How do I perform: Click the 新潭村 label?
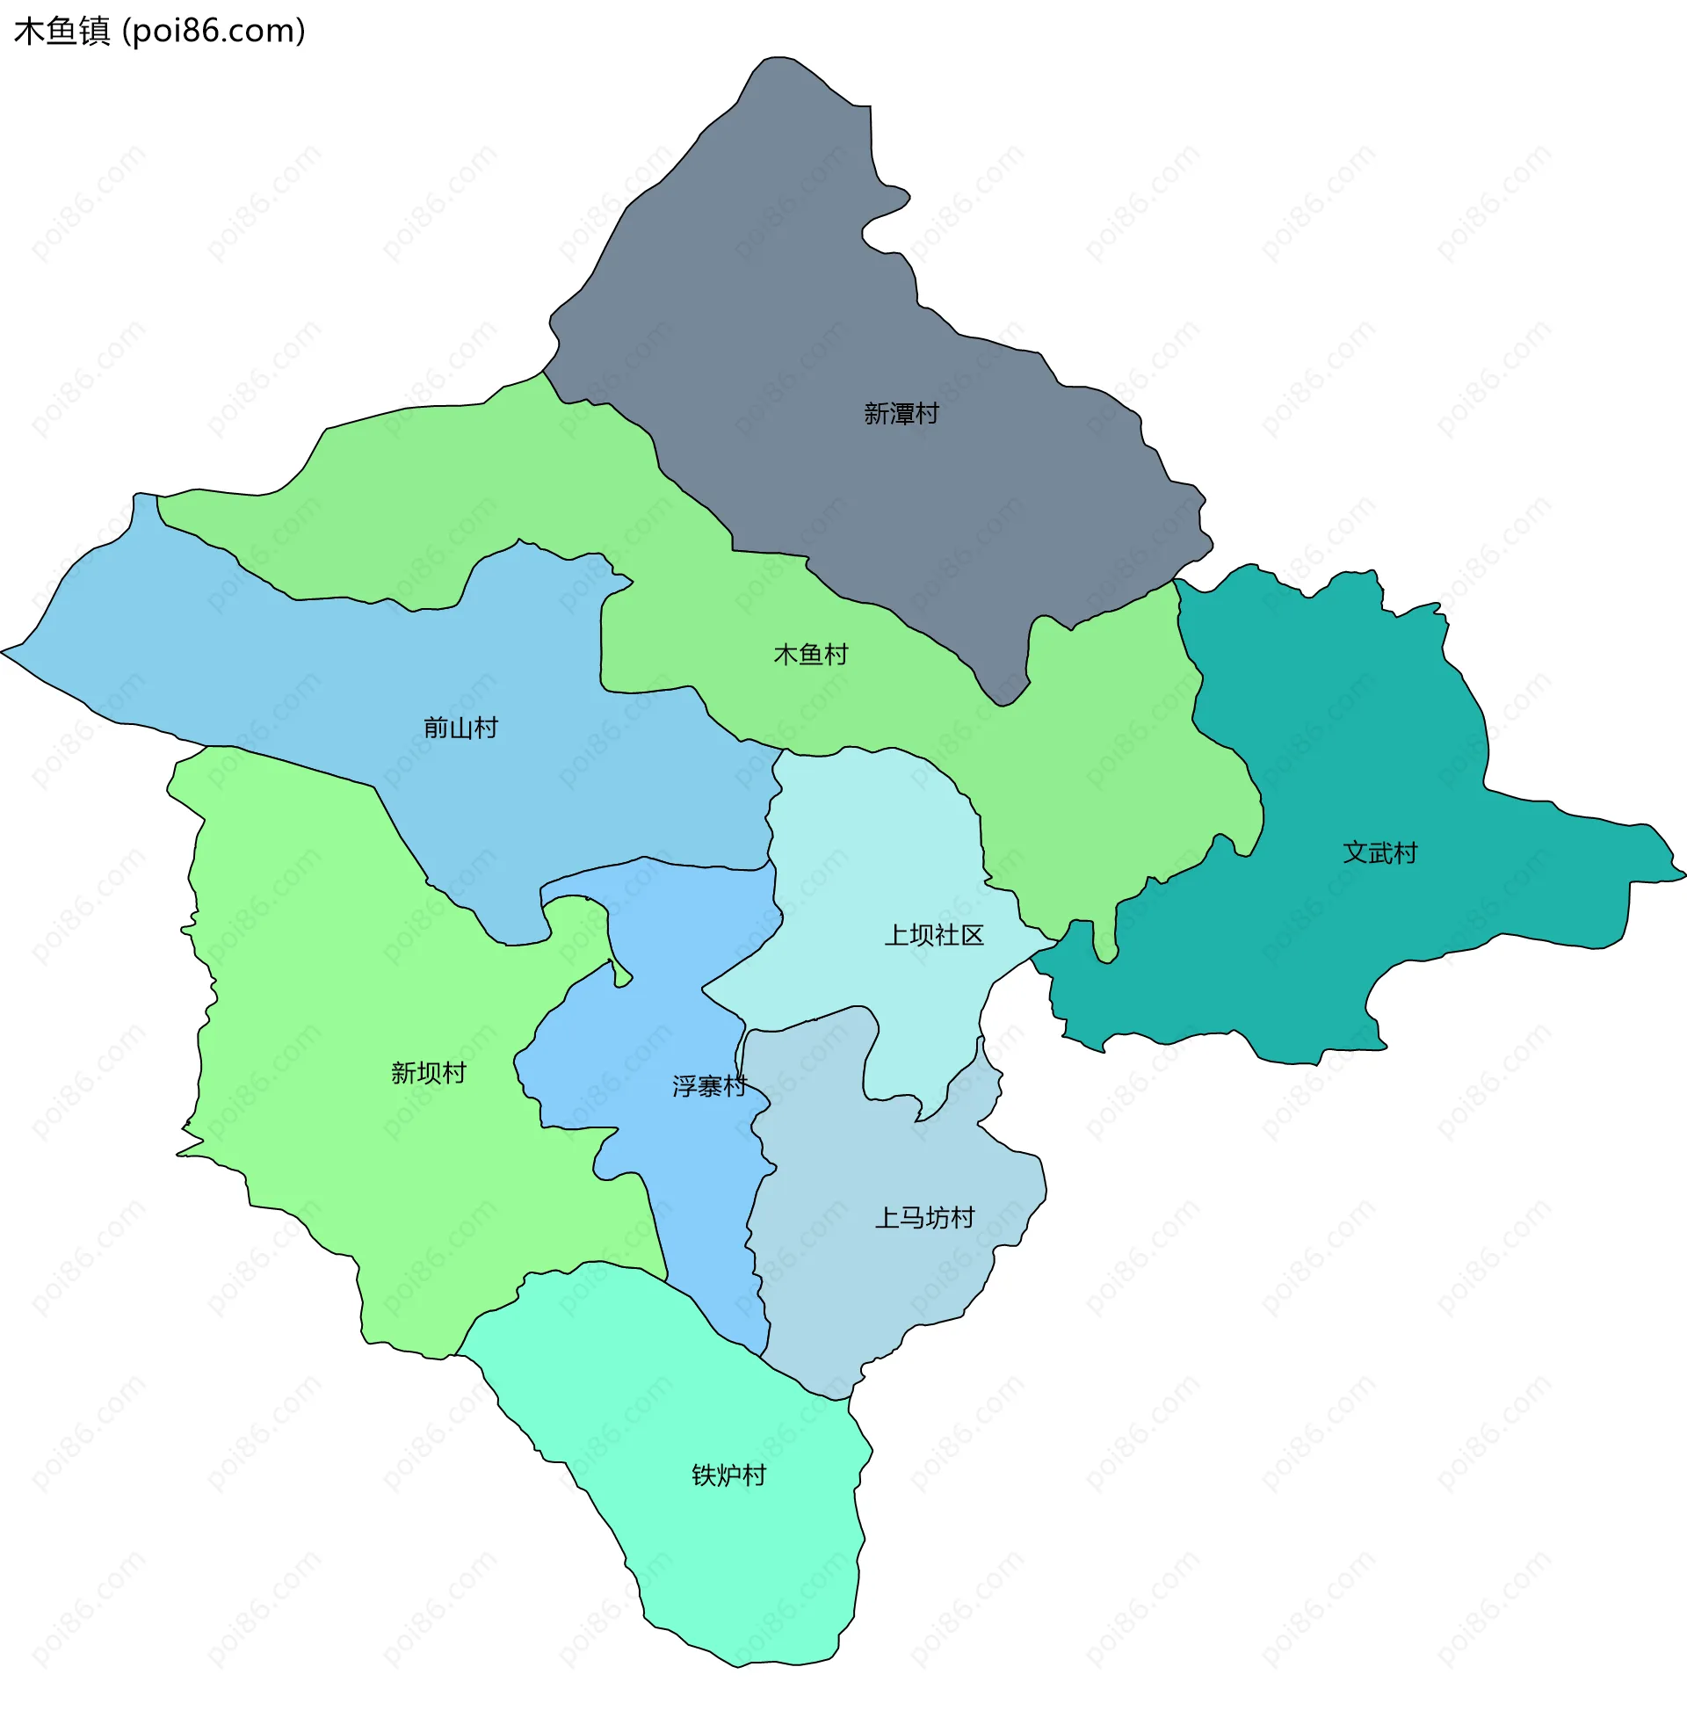[x=901, y=414]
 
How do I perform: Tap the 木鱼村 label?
[x=811, y=655]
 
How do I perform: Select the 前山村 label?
[x=460, y=728]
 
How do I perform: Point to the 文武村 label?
[x=1379, y=853]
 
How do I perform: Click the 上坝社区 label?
[x=934, y=936]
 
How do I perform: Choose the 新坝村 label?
[x=429, y=1074]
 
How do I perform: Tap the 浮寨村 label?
[x=709, y=1086]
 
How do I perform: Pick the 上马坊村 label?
[x=924, y=1218]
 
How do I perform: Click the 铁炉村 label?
[x=728, y=1476]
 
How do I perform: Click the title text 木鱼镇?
[x=62, y=31]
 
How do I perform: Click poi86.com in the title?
[x=214, y=31]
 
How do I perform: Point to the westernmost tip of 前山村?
[x=3, y=652]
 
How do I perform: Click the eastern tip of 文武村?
[x=1683, y=875]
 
